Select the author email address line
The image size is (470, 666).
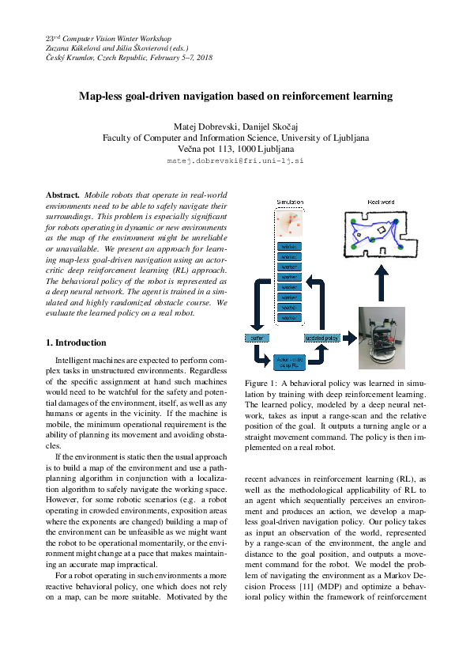click(x=235, y=161)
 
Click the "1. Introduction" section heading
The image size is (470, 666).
click(x=76, y=342)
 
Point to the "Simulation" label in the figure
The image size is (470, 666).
click(x=289, y=203)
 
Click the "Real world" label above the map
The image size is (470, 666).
click(x=382, y=202)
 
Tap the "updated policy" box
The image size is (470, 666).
click(x=322, y=338)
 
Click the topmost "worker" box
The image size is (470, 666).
click(x=289, y=247)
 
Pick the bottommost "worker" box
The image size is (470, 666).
click(x=289, y=317)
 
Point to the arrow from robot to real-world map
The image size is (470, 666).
click(x=381, y=281)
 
